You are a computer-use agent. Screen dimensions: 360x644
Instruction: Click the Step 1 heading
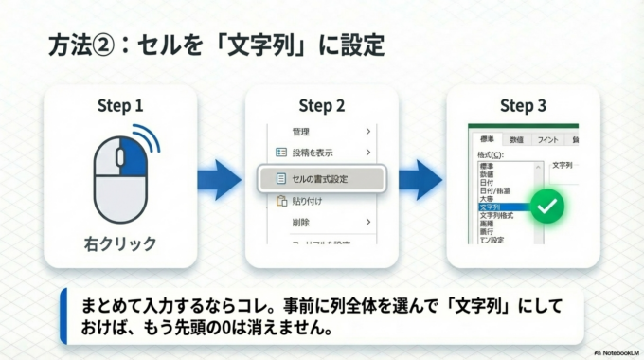point(120,106)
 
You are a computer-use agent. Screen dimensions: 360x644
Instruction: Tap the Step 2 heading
point(322,106)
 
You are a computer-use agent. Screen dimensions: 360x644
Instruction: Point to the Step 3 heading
point(523,106)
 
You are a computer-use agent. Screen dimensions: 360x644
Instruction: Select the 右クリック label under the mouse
point(120,243)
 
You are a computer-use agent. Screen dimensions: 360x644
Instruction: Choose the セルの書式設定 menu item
point(322,177)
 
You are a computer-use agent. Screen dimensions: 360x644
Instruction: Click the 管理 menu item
point(301,131)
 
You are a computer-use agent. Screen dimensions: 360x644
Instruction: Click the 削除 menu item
point(301,222)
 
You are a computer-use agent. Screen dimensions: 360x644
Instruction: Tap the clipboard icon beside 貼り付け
point(280,201)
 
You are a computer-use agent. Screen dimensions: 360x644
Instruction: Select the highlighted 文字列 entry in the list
point(492,207)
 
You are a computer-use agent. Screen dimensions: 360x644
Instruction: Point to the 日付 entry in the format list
point(488,183)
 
